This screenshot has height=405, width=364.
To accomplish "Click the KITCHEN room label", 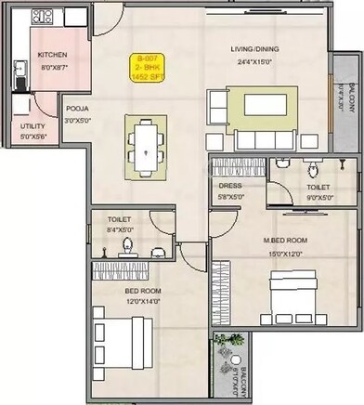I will click(x=52, y=55).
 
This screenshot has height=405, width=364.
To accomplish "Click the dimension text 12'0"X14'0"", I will click(x=144, y=301).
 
